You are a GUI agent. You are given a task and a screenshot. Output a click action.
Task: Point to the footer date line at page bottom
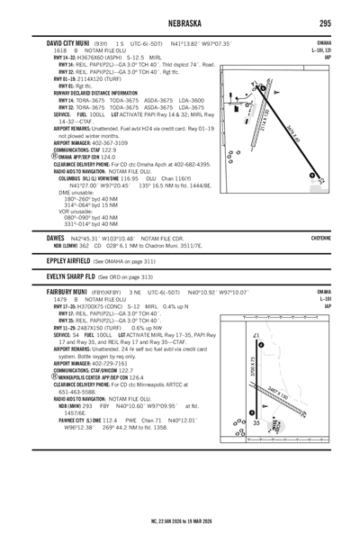[179, 522]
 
